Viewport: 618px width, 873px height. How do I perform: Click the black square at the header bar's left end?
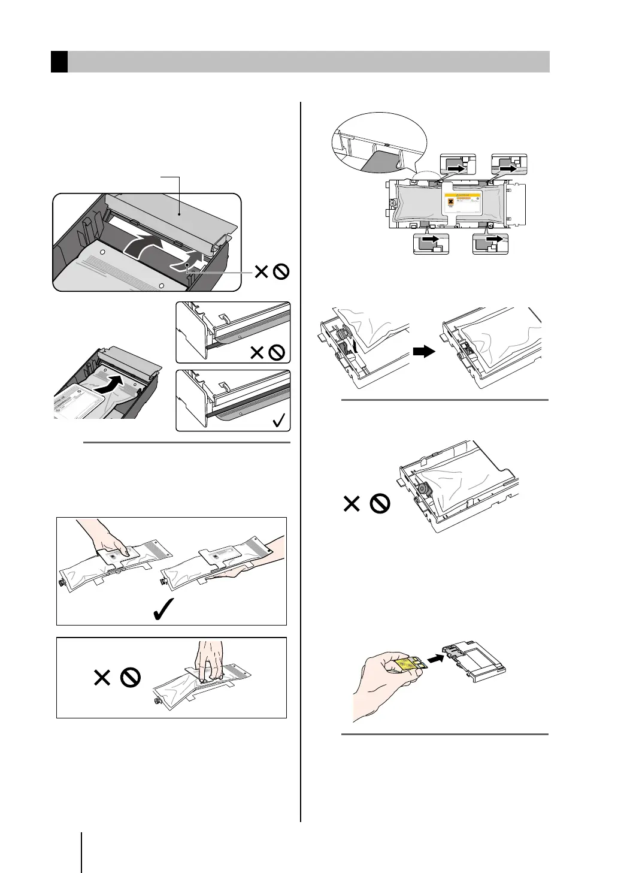[59, 62]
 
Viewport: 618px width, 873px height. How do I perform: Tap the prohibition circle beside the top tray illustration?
[281, 272]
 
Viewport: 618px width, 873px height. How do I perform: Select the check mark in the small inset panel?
[278, 420]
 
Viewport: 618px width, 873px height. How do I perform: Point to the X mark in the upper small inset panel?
[257, 352]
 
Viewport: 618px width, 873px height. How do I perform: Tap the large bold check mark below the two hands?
[163, 609]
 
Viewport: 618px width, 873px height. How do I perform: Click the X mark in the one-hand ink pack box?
[102, 678]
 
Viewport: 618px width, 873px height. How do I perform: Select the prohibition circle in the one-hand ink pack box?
[130, 678]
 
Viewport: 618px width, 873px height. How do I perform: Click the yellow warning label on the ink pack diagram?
[465, 203]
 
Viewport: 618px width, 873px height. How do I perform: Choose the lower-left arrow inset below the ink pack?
[431, 244]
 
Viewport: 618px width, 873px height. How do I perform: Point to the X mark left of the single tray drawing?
[352, 504]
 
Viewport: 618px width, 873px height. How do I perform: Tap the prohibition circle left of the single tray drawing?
[380, 504]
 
